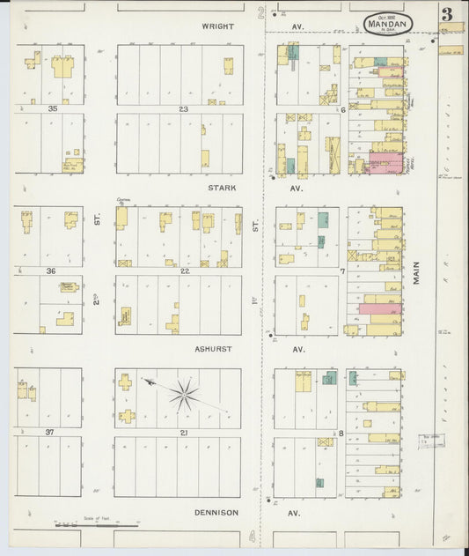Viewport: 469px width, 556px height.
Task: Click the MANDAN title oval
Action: coord(388,24)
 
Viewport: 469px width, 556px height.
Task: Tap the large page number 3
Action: coord(448,14)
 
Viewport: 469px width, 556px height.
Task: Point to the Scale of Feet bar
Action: coord(97,526)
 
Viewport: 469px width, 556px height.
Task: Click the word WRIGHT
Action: coord(218,26)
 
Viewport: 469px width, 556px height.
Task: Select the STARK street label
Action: coord(221,188)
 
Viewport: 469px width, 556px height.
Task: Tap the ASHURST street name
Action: coord(214,349)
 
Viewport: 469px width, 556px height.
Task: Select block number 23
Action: coord(184,109)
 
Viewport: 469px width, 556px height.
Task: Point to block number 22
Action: coord(185,271)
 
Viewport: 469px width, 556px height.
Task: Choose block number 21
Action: coord(184,433)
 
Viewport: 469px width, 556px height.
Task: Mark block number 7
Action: coord(342,271)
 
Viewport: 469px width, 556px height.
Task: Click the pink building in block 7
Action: coord(379,308)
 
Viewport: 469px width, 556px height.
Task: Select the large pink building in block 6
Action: coord(383,162)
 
